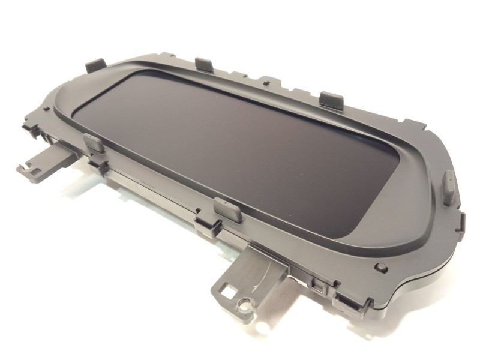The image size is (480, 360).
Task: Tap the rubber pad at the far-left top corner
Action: coord(95,65)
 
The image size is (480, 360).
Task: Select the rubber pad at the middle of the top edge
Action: coord(204,64)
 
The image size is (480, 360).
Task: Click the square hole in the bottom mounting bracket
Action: coord(227,292)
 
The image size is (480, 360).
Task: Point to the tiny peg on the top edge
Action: coord(263,79)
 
